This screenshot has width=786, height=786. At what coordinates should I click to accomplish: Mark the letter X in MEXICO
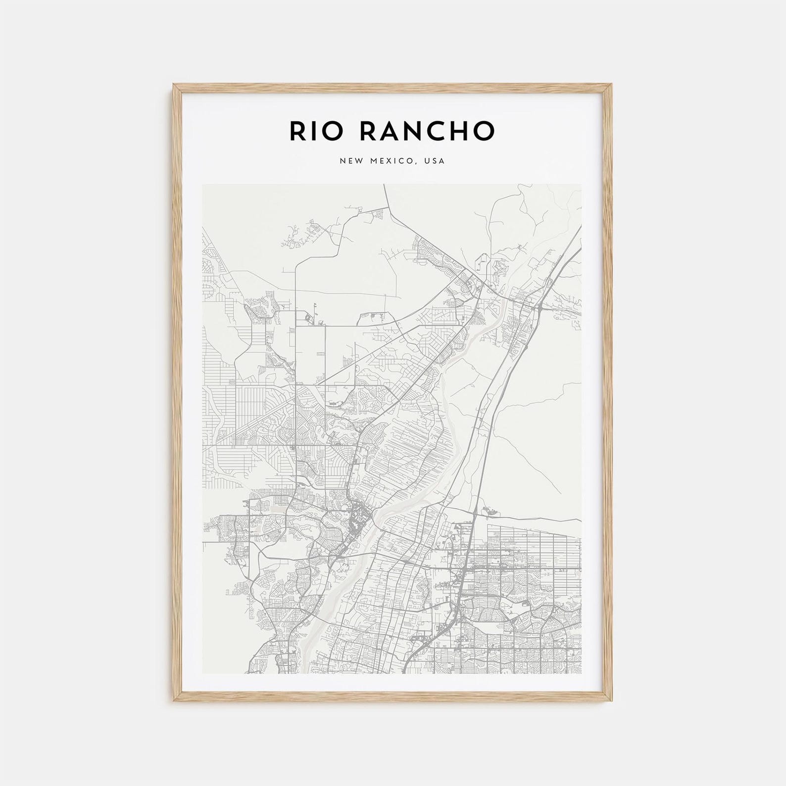pos(391,161)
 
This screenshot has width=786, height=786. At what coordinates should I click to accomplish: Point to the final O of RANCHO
pos(485,130)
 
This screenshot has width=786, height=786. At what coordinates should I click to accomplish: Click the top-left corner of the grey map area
pos(202,184)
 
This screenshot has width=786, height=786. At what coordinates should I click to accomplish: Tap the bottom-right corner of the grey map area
pos(582,674)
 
